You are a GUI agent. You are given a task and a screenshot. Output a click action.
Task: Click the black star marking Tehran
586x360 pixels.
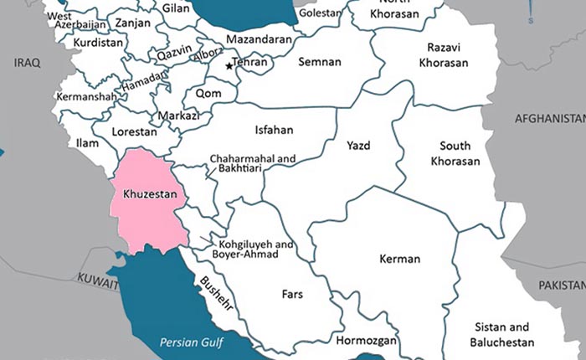coord(229,65)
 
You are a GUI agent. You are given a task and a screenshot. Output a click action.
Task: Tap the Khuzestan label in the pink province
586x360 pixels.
coord(150,194)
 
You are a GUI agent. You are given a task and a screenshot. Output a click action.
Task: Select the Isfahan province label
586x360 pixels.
coord(274,130)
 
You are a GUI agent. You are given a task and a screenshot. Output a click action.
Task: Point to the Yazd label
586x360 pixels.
coord(358,146)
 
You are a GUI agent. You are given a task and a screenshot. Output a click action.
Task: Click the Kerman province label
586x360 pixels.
coord(399,259)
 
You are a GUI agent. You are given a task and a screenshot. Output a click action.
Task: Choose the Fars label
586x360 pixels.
coord(291,295)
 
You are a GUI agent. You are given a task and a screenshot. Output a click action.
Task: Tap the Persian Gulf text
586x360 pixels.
coord(192,342)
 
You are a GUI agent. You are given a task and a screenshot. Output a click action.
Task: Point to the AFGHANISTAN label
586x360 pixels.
coord(549,117)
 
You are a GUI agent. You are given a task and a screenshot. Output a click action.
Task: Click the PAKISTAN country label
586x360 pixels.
coord(561,285)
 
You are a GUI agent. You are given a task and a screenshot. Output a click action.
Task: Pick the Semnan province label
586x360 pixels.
coord(320,62)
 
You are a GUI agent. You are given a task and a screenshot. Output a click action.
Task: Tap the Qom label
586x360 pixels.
coord(208,93)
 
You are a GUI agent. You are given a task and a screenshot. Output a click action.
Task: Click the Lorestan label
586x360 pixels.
coord(135,131)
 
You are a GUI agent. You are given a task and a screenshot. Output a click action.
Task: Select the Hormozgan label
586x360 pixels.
coord(366,342)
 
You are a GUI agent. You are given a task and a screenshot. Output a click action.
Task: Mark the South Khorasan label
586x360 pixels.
coord(455,153)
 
